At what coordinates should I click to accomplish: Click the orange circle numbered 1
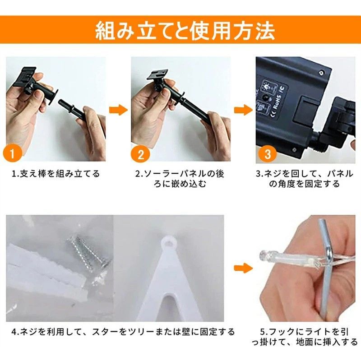13,153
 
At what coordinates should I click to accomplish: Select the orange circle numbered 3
268,153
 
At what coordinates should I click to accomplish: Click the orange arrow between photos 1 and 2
118,110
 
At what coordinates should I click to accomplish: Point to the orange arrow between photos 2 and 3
243,110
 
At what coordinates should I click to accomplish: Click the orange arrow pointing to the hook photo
243,268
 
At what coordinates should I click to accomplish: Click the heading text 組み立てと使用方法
185,31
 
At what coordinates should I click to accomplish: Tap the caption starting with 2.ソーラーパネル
180,179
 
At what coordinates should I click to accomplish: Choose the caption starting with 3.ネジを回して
304,179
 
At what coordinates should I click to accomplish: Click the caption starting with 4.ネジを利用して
123,332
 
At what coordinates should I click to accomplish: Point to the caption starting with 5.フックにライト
305,337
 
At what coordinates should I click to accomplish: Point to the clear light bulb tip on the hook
265,255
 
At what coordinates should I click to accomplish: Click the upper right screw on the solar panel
321,73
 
